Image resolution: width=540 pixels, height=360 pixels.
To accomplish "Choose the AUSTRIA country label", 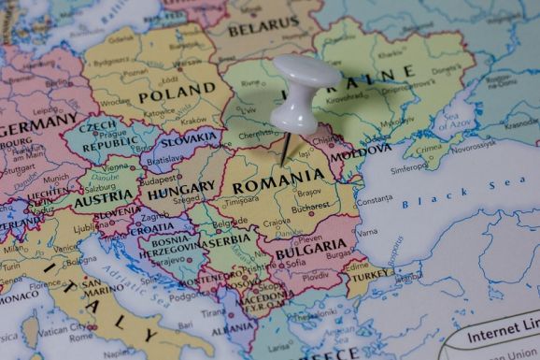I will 103,200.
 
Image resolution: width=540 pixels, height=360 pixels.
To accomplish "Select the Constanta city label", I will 374,200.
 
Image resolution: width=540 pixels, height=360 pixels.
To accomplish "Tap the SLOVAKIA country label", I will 189,141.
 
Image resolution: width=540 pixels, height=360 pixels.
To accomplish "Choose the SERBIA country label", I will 228,238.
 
